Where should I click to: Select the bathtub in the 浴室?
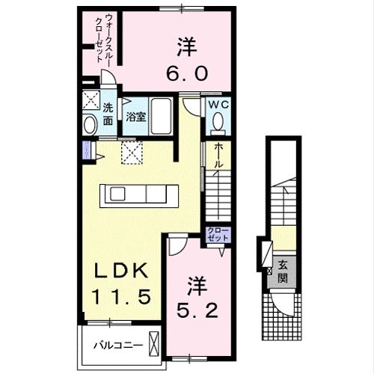click(x=159, y=117)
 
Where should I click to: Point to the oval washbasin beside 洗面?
click(x=90, y=124)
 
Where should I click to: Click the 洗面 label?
click(x=108, y=114)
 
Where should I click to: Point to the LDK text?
click(x=114, y=270)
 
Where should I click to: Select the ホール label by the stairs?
click(x=218, y=158)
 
